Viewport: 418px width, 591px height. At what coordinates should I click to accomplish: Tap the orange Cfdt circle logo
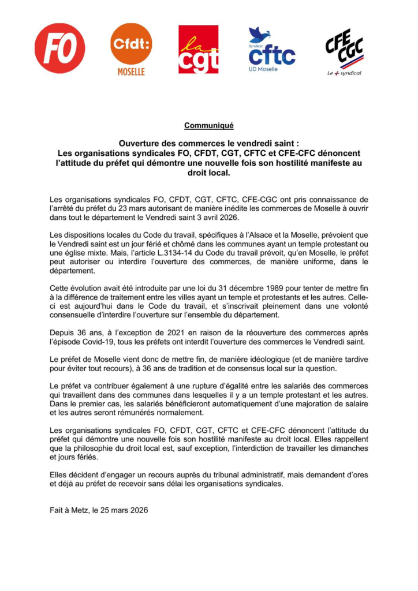click(131, 44)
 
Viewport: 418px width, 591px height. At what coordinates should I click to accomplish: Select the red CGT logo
click(198, 50)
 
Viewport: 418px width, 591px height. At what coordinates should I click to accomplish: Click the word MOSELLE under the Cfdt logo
click(131, 72)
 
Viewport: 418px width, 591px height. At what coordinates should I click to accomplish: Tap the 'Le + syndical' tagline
click(345, 73)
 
